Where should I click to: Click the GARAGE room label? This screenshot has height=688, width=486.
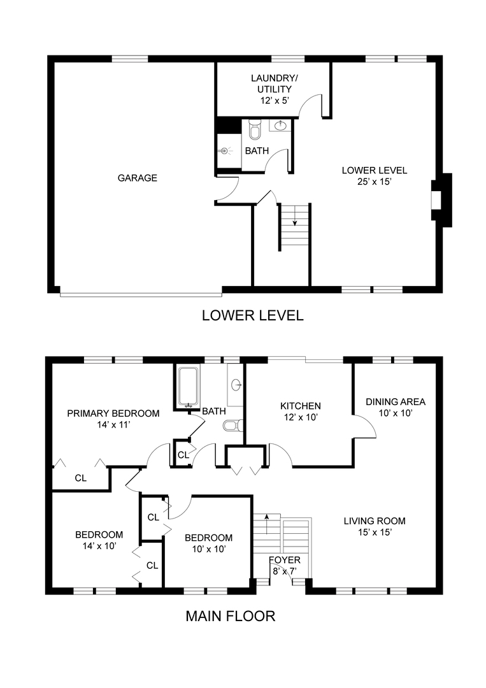(x=138, y=178)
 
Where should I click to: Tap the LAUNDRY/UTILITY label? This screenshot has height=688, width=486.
(x=274, y=83)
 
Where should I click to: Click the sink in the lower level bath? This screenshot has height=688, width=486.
(x=280, y=126)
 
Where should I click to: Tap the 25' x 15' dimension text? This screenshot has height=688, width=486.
(x=374, y=182)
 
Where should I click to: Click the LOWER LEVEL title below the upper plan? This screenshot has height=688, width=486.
(x=253, y=315)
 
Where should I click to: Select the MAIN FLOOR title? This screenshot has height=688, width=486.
(x=231, y=616)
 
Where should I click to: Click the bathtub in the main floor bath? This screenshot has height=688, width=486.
(x=188, y=387)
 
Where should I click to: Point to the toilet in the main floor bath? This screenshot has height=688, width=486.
(x=232, y=425)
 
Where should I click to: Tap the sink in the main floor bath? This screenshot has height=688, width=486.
(x=236, y=385)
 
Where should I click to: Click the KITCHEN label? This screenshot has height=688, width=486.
(x=301, y=406)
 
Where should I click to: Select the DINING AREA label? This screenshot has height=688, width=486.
(x=396, y=401)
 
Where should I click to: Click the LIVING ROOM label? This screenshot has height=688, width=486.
(x=375, y=521)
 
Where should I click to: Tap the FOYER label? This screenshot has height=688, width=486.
(x=285, y=560)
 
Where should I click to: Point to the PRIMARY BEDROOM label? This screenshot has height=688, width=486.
(x=113, y=413)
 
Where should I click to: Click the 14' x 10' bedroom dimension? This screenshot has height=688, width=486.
(x=99, y=546)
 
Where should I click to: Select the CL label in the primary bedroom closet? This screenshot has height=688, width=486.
(x=81, y=478)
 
